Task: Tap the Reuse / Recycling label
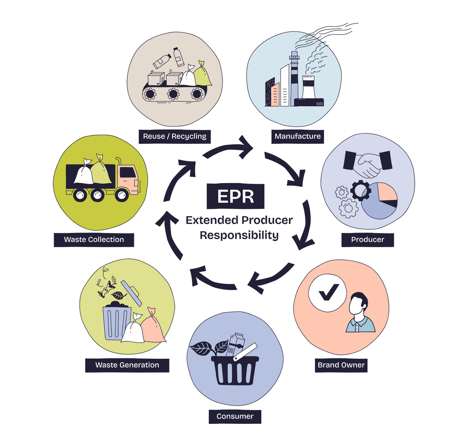(x=175, y=136)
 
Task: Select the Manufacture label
(x=297, y=136)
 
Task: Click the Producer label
(x=367, y=240)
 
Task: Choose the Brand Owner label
(x=341, y=365)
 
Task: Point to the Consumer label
(x=235, y=416)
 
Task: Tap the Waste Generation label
(x=127, y=365)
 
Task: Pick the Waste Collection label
(x=94, y=239)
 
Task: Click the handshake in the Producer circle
(x=367, y=163)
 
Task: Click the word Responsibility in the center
(x=239, y=235)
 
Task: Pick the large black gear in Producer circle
(x=360, y=191)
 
